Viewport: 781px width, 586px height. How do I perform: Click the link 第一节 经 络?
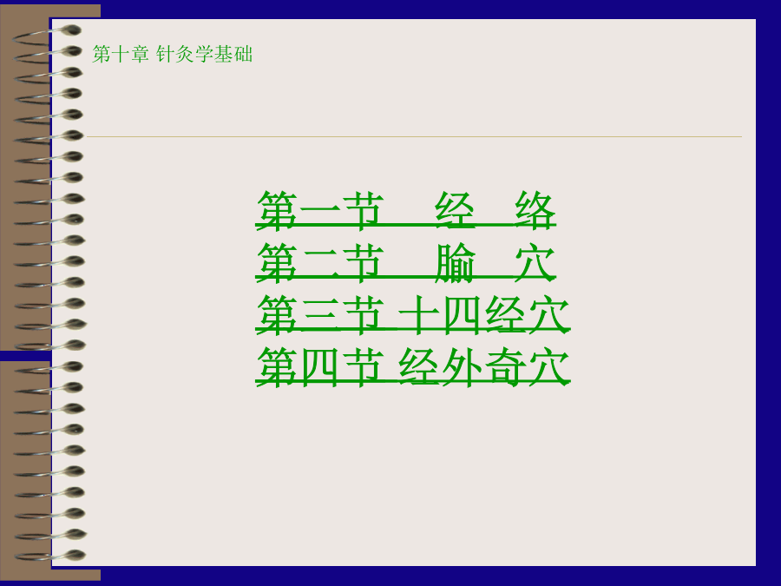coord(406,210)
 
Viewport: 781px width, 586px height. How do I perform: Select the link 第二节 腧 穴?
coord(406,262)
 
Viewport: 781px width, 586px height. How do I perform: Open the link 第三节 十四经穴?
coord(413,314)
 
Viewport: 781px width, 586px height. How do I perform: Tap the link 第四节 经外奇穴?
coord(413,366)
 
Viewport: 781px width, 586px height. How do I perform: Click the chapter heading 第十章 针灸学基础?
coord(173,54)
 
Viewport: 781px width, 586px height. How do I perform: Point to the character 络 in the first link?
coord(535,210)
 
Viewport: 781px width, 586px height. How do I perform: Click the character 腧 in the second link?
coord(455,262)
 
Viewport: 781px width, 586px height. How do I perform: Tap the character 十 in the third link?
coord(418,314)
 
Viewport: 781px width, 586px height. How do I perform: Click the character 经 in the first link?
coord(455,210)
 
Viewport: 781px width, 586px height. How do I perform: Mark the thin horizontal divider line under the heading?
coord(415,136)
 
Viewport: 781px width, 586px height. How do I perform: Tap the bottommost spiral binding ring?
coord(49,555)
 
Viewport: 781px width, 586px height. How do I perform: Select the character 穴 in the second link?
coord(535,262)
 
